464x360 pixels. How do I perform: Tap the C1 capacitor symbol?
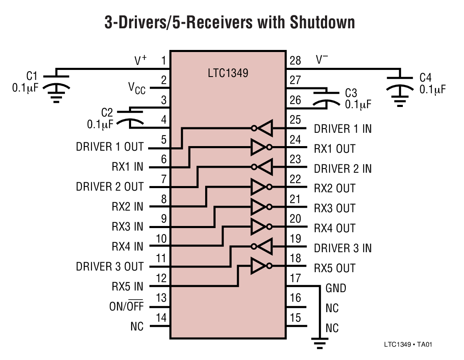point(57,81)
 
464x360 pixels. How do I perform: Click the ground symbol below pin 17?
point(319,343)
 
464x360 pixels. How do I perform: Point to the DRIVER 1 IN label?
point(342,129)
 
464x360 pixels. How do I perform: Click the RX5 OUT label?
point(335,268)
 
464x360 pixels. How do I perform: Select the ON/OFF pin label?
point(126,307)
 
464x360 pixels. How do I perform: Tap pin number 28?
point(295,61)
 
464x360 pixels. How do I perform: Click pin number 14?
point(161,318)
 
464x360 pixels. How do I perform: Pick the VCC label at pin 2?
point(136,88)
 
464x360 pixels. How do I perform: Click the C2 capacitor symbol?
point(130,117)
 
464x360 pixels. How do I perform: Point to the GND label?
point(335,288)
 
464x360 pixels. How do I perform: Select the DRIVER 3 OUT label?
point(109,267)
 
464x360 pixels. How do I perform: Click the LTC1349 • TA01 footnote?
point(410,345)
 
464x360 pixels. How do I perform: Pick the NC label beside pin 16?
point(332,308)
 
